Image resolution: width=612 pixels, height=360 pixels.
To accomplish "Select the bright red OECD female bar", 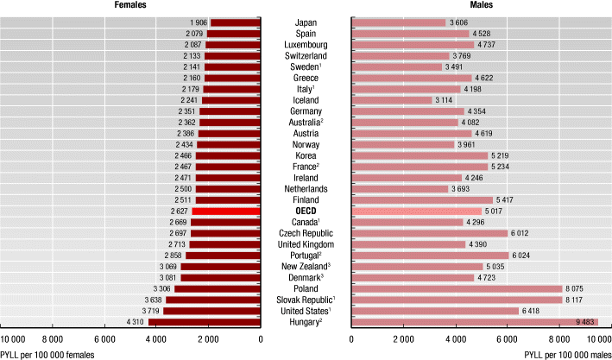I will (226, 211).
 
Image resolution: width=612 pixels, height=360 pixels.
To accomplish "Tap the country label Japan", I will (306, 22).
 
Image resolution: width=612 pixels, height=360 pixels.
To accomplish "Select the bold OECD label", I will (306, 211).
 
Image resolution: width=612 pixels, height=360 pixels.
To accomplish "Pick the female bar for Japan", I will (235, 22).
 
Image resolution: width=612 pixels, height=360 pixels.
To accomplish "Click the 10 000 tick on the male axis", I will (597, 340).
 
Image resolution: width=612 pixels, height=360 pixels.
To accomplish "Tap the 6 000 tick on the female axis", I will (104, 340).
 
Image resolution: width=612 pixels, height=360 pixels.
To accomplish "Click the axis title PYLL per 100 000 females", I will (47, 354).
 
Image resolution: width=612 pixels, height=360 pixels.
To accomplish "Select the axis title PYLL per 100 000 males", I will (567, 354).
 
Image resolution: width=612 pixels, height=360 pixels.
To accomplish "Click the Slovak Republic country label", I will (306, 300).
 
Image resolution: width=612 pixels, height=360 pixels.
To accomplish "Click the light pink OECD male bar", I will (415, 211).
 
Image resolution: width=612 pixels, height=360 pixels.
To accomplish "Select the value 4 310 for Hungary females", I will (135, 322).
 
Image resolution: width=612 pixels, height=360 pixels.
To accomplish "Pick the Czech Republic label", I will (306, 233).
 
